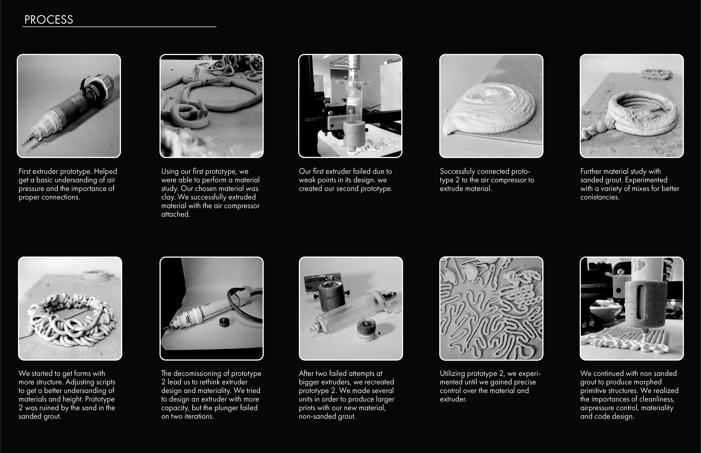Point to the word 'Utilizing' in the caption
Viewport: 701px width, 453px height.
[x=453, y=374]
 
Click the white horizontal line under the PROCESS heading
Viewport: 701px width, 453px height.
[x=119, y=27]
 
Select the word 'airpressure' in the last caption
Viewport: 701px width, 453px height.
[x=597, y=408]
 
